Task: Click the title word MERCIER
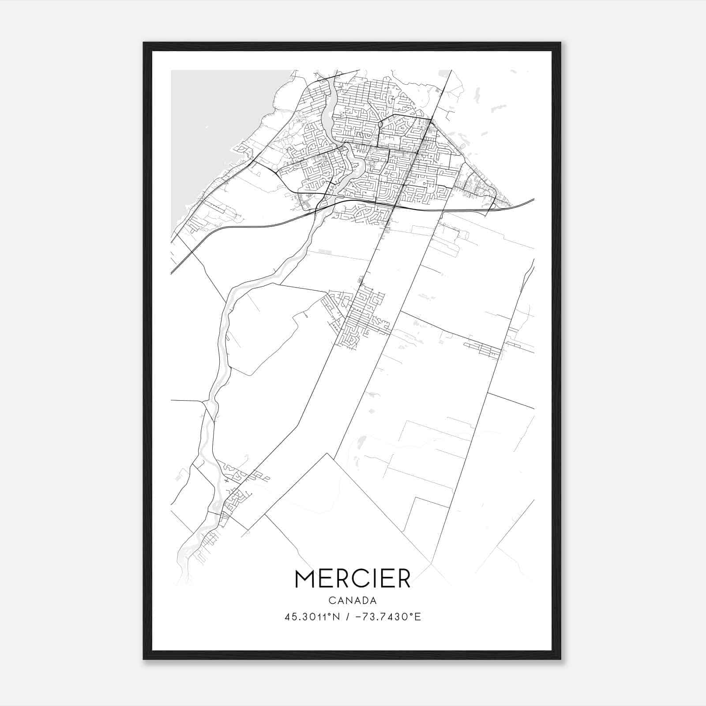tap(353, 578)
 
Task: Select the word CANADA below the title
tap(353, 601)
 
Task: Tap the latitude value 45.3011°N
tap(312, 617)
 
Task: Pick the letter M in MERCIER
tap(304, 578)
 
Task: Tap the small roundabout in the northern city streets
tap(380, 125)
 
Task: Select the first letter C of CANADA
tap(331, 601)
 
